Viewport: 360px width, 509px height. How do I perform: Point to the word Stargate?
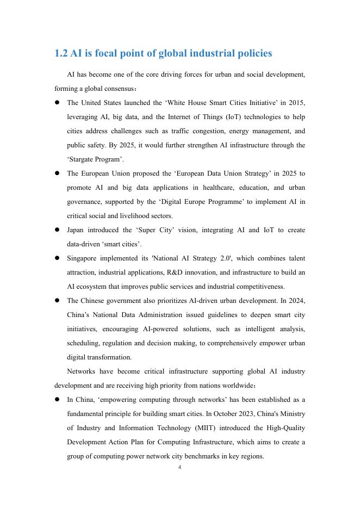tap(82, 159)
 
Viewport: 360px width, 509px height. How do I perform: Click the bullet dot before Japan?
tap(57, 230)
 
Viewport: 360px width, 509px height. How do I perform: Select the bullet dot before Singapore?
tap(57, 258)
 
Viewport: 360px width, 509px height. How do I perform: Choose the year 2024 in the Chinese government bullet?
tap(296, 301)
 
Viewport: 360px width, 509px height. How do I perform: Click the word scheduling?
tap(83, 343)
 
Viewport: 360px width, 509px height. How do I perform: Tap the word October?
tap(223, 414)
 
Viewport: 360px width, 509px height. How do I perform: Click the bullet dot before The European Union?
tap(57, 173)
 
